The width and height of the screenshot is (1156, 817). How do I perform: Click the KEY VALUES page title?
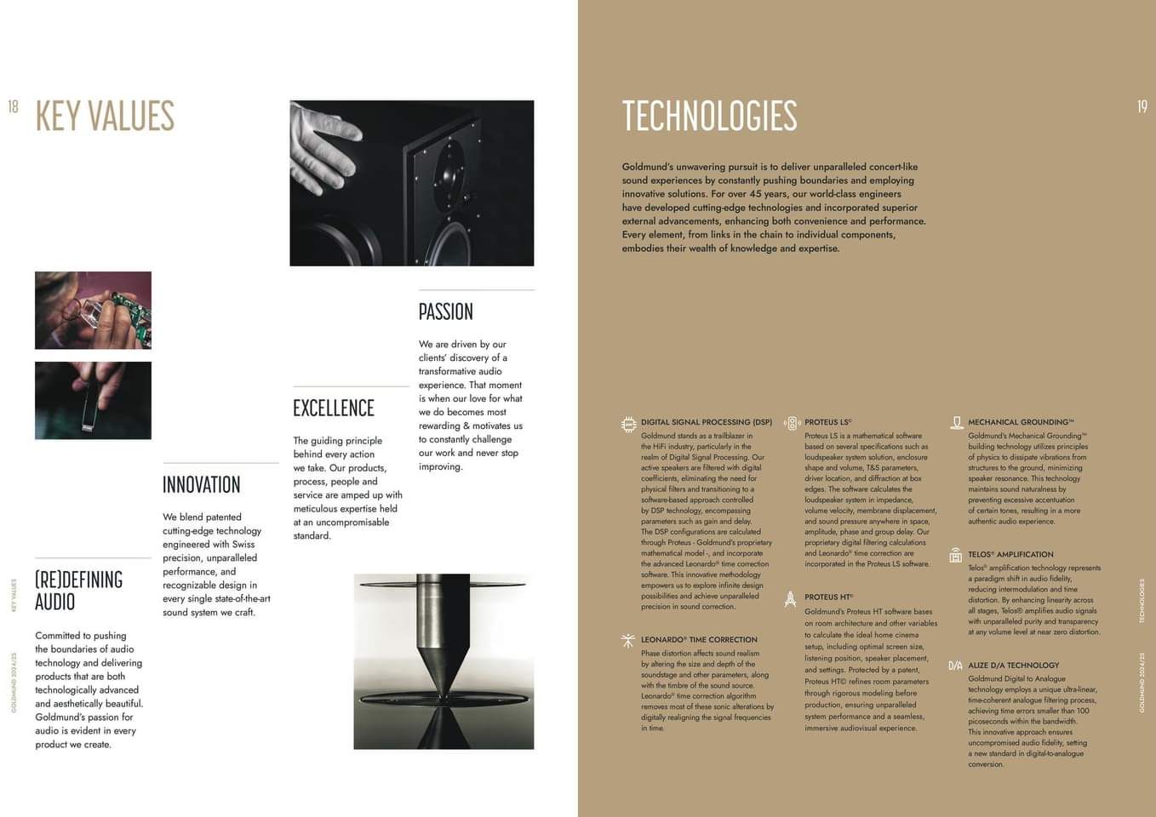105,117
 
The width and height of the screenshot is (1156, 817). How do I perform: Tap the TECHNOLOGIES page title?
709,117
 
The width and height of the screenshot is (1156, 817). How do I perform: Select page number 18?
13,106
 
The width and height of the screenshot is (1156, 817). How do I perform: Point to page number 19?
1142,106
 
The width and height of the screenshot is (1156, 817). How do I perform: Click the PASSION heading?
445,311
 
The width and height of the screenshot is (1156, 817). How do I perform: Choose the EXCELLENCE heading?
334,408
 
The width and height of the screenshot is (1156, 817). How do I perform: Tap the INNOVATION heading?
202,485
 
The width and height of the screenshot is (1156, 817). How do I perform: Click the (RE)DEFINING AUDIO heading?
79,591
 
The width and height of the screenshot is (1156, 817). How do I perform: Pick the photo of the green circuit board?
93,310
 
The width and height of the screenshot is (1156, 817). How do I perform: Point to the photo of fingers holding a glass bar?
93,400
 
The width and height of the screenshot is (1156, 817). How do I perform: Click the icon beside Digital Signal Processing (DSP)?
629,424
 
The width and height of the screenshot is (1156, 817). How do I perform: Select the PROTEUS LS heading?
827,422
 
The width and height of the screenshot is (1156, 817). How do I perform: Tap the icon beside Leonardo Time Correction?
628,641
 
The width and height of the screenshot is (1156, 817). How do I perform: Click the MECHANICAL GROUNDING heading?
1021,422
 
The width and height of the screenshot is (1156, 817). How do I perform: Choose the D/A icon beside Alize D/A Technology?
955,666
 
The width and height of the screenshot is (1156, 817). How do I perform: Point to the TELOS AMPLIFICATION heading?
1010,554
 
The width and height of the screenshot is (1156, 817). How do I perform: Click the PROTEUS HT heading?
828,597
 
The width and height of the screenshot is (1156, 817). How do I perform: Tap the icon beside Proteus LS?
792,424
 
